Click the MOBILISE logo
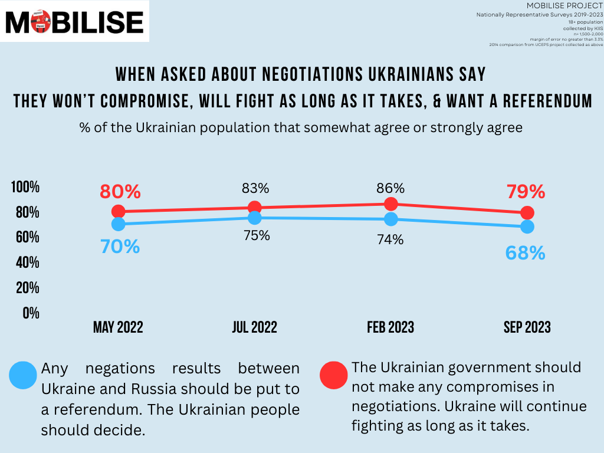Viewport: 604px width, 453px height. (75, 22)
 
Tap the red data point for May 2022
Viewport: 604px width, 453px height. (118, 211)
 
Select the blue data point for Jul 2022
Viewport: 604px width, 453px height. (254, 218)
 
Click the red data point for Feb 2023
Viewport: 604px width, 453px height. (390, 204)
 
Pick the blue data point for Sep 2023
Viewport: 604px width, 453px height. (527, 226)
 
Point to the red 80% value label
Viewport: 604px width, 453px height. (120, 192)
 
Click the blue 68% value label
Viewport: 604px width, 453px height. (525, 253)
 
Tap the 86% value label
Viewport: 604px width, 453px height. (390, 188)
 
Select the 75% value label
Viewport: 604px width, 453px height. (255, 235)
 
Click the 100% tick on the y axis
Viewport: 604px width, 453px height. (25, 187)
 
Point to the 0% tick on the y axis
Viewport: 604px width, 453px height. (31, 313)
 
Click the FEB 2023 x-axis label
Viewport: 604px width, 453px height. (390, 327)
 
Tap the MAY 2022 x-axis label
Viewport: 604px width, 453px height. (118, 327)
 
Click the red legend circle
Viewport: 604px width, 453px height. (334, 375)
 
